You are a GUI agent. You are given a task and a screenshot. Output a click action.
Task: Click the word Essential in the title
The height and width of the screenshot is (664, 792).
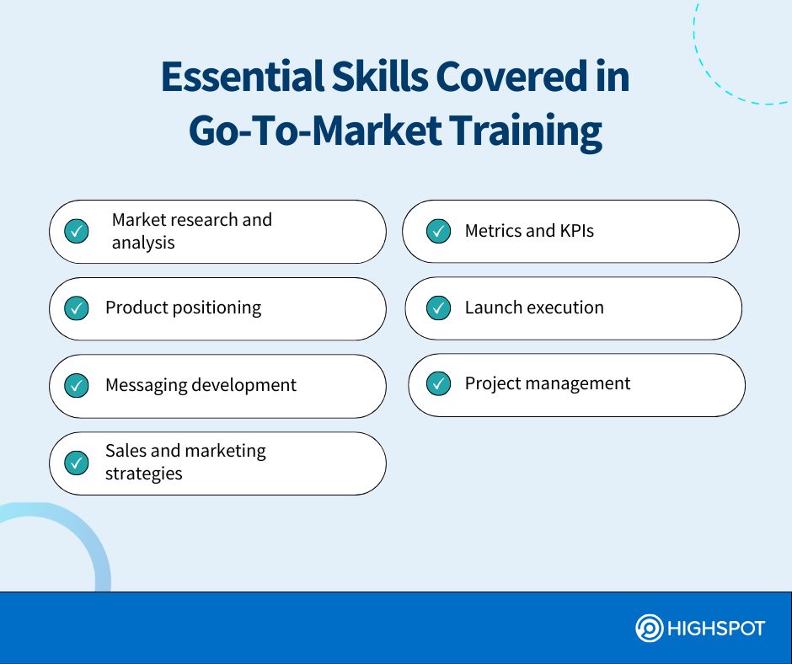point(243,77)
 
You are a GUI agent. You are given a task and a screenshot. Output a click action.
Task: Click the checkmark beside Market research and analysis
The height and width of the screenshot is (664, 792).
point(77,231)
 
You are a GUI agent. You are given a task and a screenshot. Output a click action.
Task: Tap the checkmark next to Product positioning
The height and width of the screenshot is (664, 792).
point(77,308)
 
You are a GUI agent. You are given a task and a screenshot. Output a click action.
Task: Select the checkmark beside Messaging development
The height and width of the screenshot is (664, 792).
point(77,386)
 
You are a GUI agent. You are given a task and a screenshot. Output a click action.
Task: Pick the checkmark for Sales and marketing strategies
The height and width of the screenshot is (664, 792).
point(77,463)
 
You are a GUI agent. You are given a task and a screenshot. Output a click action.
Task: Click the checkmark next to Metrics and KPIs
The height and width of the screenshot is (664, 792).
point(438,231)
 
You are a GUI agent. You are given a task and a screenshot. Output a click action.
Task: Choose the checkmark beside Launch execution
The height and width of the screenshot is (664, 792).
point(438,308)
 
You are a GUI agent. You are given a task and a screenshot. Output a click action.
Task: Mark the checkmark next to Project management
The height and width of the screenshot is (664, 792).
point(438,383)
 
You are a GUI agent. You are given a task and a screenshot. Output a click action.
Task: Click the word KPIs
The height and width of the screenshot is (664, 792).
point(577,231)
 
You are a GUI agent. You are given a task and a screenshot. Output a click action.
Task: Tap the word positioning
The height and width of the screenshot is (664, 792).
point(217,308)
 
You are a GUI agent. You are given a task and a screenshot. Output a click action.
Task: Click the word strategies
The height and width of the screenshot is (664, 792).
point(144,474)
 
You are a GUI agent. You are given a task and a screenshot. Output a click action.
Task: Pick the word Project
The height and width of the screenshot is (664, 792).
point(493,384)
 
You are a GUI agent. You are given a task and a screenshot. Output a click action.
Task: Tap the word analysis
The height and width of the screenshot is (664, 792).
point(143,243)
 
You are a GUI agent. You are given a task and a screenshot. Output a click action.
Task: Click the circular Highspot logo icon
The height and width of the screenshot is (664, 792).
point(649,628)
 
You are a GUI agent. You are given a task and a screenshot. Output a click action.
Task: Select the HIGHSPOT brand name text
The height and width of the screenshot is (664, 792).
point(716,629)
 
